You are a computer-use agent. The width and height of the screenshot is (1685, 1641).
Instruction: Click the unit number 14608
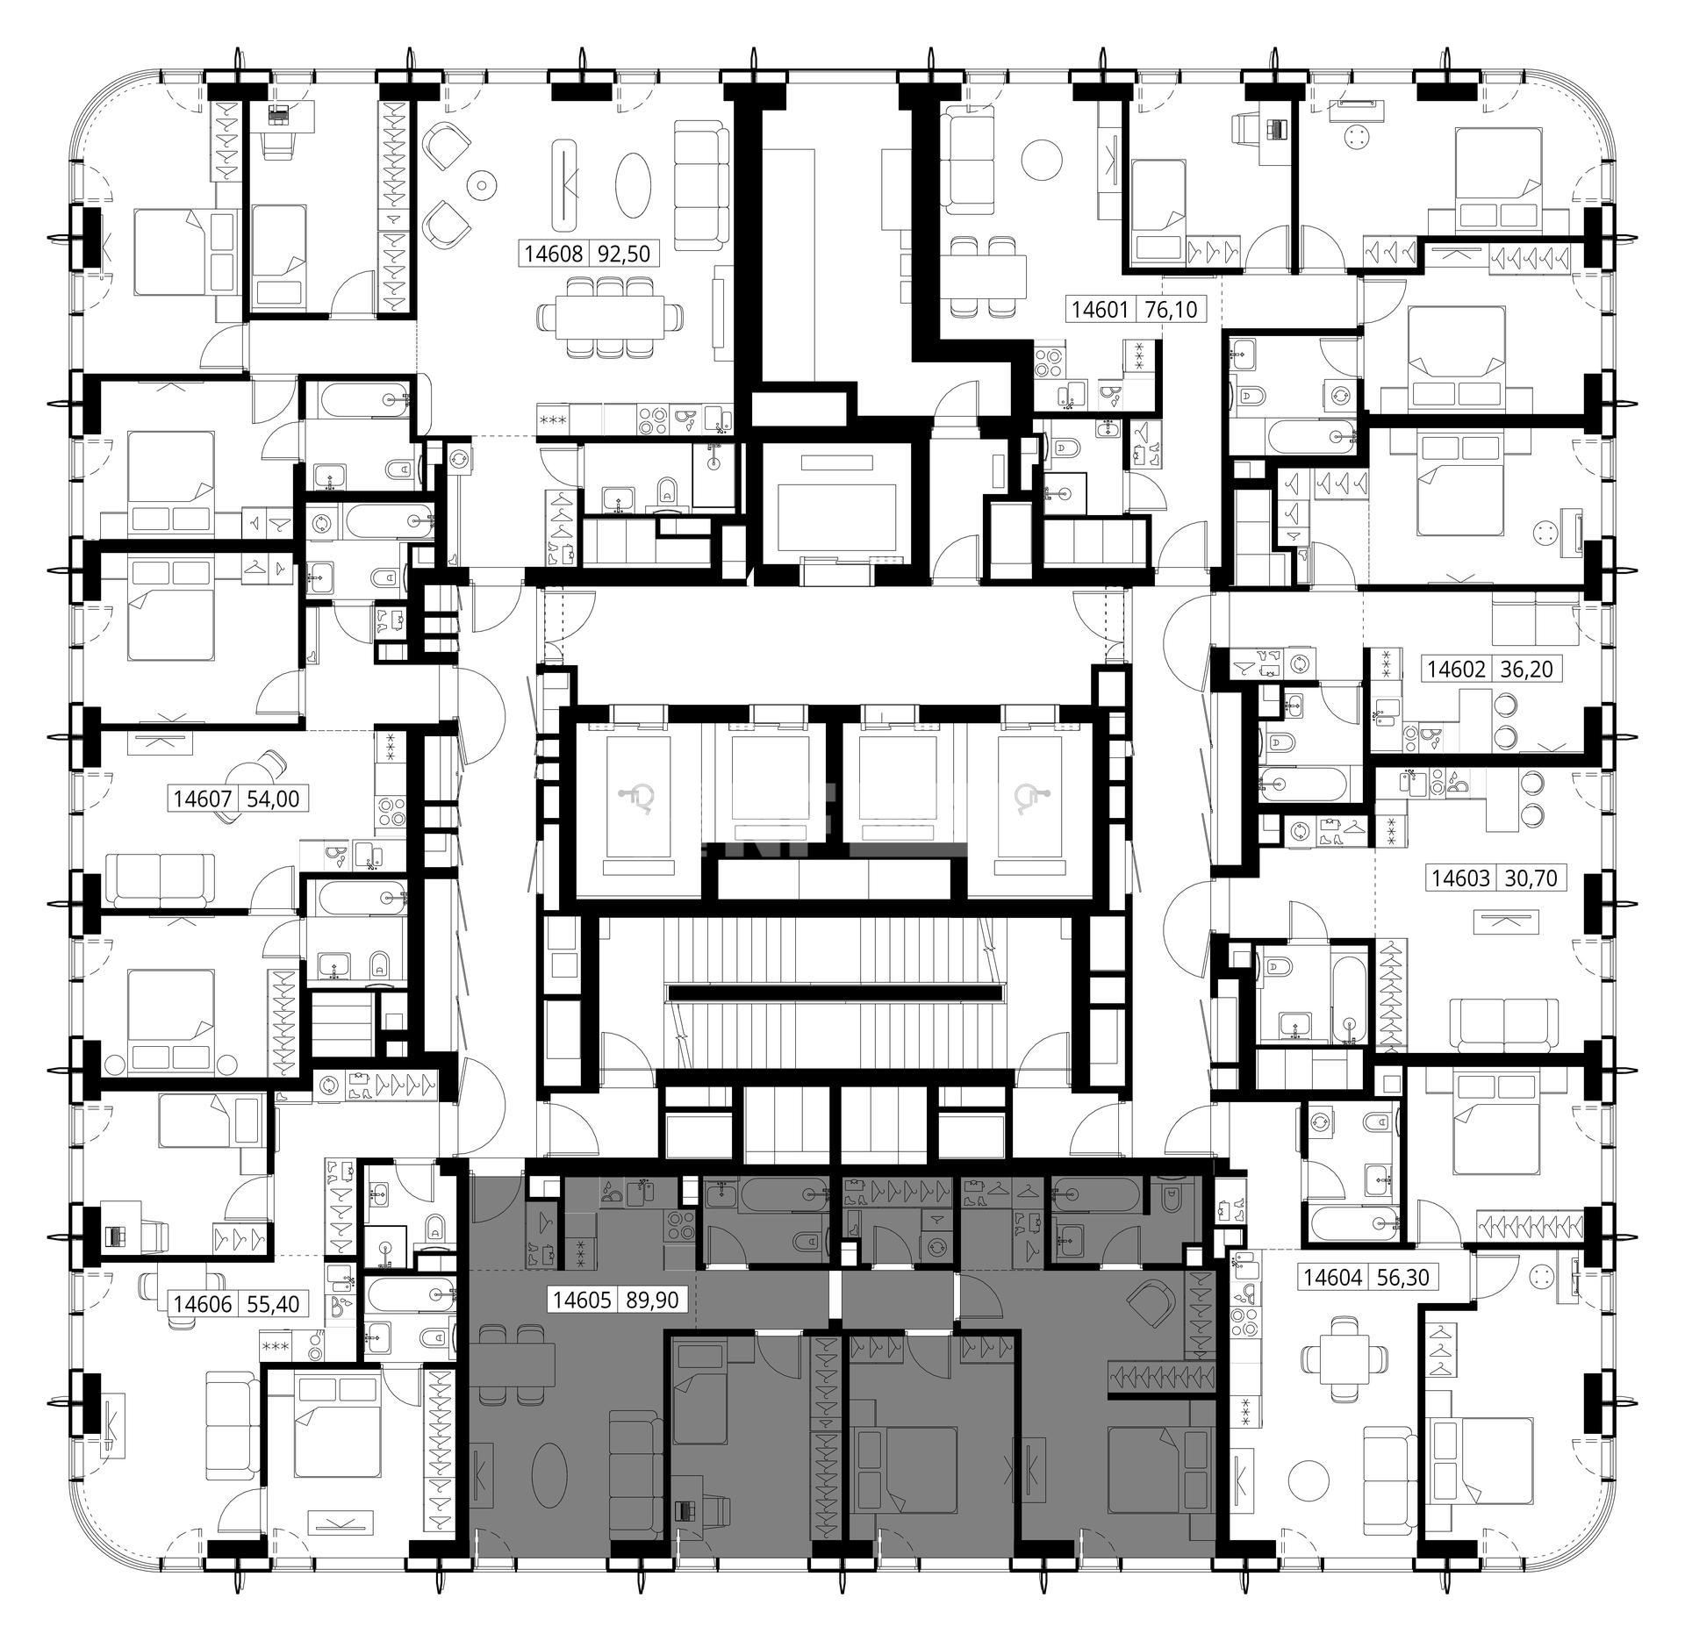click(554, 254)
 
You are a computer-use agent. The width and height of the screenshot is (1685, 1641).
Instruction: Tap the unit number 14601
click(1101, 309)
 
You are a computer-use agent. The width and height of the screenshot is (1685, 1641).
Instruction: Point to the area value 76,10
click(1171, 309)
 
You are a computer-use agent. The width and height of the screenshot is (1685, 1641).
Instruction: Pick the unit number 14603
click(1461, 878)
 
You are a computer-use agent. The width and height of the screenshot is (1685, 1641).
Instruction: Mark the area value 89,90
click(652, 1300)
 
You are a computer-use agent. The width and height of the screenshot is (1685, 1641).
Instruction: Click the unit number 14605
click(581, 1300)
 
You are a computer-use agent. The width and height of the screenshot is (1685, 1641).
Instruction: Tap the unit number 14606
click(203, 1304)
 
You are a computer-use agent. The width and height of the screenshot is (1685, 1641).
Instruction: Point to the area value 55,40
click(273, 1304)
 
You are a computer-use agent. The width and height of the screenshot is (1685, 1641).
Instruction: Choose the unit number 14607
click(203, 799)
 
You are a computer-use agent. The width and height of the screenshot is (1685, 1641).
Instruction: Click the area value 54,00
click(274, 799)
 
